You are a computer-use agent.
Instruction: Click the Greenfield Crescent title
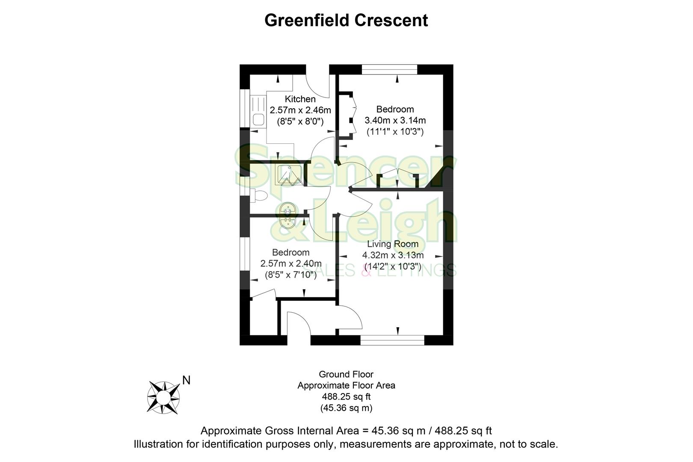346,20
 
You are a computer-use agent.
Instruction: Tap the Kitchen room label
300,99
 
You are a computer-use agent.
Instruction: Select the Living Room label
393,244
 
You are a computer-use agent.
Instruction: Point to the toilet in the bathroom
259,196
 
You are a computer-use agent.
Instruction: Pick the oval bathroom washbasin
288,216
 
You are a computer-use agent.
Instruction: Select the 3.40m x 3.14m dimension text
395,120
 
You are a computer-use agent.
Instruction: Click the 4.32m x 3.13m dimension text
393,255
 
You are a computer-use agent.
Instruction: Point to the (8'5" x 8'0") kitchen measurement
300,121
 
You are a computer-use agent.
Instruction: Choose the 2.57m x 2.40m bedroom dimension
291,264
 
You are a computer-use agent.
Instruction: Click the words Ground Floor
346,374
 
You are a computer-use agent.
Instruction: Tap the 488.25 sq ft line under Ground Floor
346,397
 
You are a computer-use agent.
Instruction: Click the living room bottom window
392,340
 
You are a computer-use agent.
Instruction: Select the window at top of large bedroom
389,69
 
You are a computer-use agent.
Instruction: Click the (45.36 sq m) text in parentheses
346,408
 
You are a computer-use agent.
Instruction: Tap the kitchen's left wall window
244,108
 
